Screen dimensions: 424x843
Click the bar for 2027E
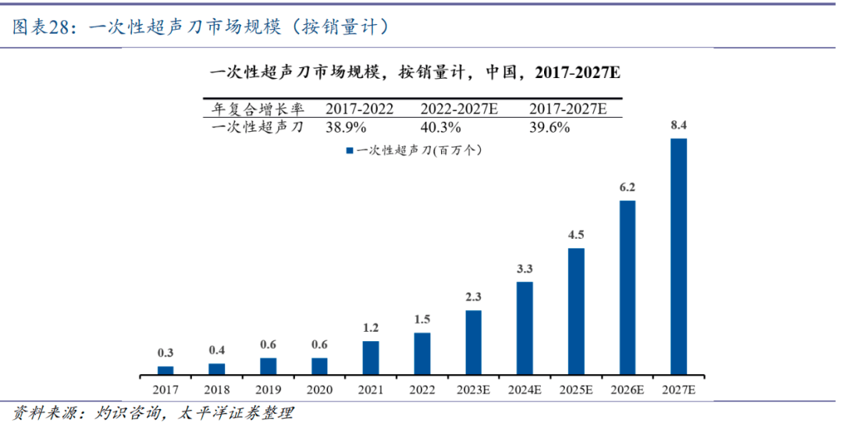pyautogui.click(x=679, y=256)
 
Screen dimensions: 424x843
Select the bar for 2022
pyautogui.click(x=422, y=354)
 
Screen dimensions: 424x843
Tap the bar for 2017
pyautogui.click(x=165, y=370)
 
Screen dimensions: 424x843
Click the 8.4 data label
pyautogui.click(x=679, y=125)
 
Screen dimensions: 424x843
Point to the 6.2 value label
pyautogui.click(x=628, y=187)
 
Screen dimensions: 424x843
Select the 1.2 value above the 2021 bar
pyautogui.click(x=371, y=328)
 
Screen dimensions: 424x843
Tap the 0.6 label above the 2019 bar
pyautogui.click(x=268, y=344)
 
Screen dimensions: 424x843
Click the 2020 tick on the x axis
pyautogui.click(x=318, y=388)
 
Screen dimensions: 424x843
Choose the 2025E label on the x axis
pyautogui.click(x=576, y=388)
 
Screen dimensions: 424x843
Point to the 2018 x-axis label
pyautogui.click(x=216, y=388)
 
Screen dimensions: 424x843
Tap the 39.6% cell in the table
pyautogui.click(x=549, y=127)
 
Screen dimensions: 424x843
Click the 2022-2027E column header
pyautogui.click(x=459, y=109)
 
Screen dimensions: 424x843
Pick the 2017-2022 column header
pyautogui.click(x=359, y=109)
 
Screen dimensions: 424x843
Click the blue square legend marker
pyautogui.click(x=350, y=149)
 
